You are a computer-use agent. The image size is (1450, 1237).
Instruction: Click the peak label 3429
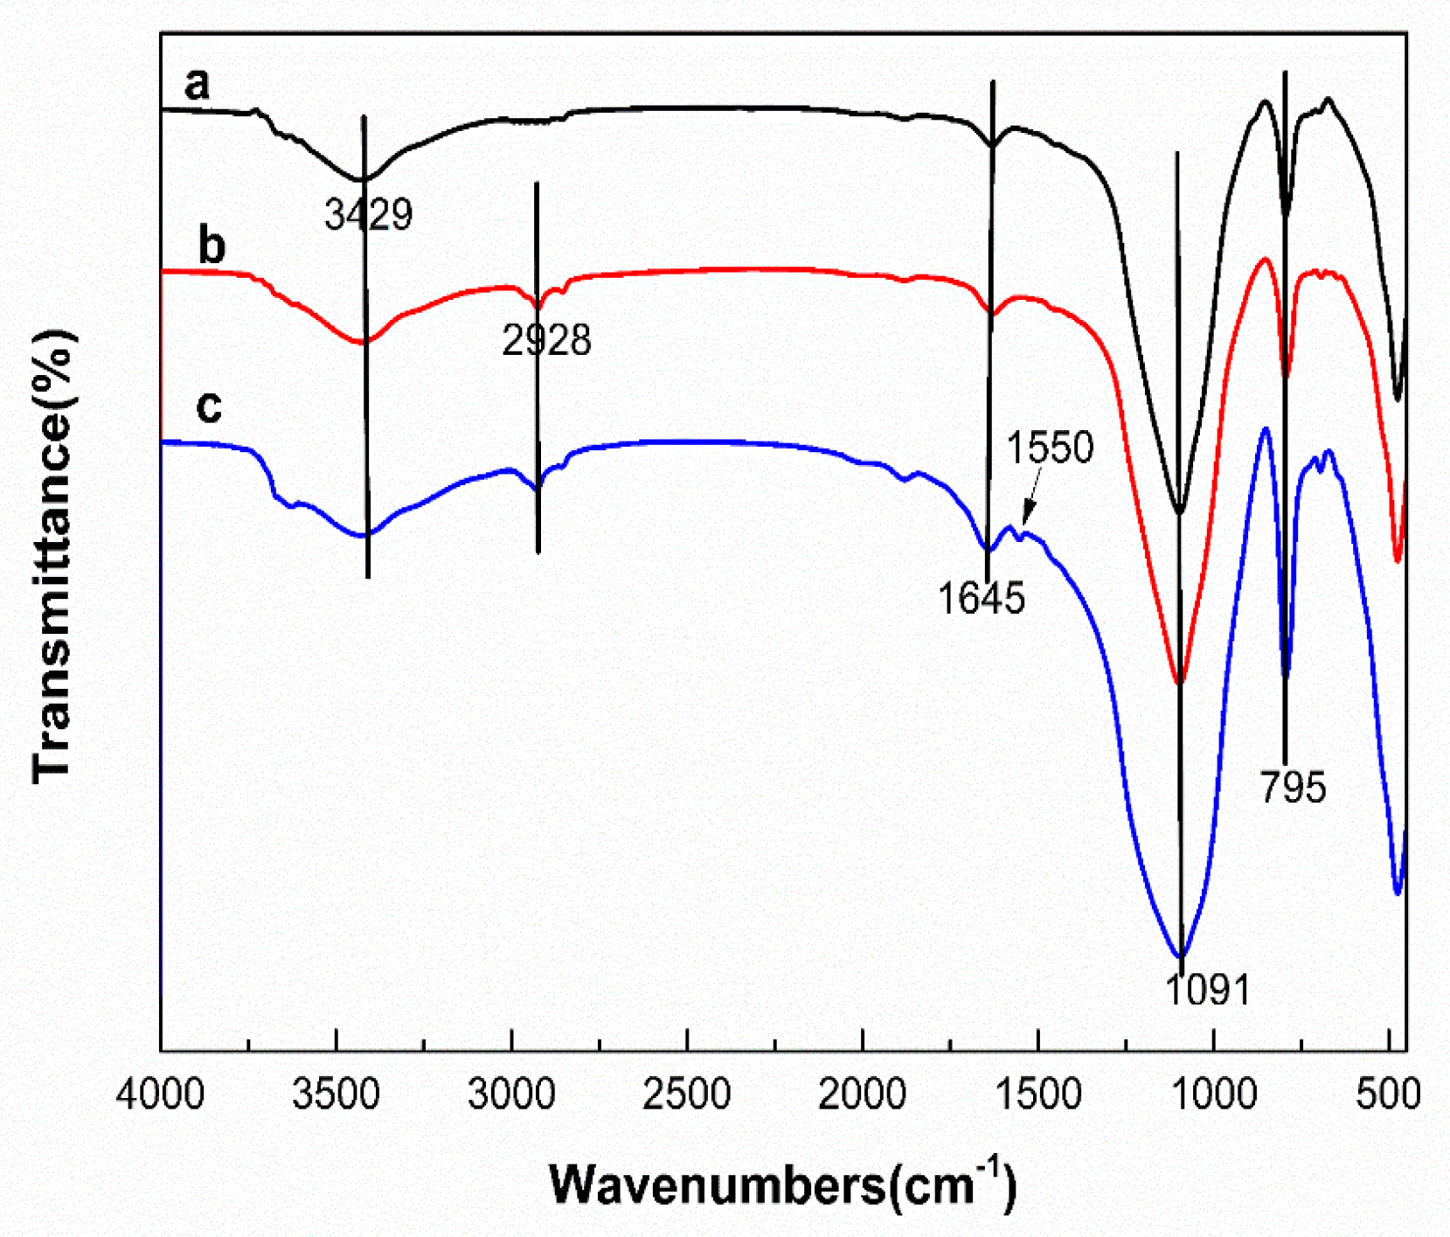(368, 214)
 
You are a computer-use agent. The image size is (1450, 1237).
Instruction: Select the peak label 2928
(546, 340)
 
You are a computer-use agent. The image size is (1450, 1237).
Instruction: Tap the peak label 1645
(981, 599)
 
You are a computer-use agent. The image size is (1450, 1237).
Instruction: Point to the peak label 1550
(1050, 448)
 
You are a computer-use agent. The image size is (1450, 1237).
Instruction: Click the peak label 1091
(1208, 990)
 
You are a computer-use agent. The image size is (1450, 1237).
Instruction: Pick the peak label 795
(1293, 787)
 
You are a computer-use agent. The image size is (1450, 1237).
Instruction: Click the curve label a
(198, 84)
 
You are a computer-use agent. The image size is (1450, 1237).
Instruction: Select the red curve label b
(212, 246)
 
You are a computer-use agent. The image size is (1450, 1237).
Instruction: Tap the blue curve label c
(209, 406)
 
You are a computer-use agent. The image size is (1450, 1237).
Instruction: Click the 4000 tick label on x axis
(161, 1095)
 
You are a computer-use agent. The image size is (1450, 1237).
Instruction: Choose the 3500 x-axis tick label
(336, 1095)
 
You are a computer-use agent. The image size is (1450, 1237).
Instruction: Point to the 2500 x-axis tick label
(687, 1095)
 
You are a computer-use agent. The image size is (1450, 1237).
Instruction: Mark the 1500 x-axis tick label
(1038, 1095)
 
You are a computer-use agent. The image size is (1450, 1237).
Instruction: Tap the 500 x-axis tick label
(1389, 1095)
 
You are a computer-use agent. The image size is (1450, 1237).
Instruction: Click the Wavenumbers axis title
(782, 1186)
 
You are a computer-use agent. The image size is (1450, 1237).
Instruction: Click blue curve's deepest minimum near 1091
(1181, 956)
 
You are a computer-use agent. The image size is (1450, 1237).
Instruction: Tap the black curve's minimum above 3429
(362, 179)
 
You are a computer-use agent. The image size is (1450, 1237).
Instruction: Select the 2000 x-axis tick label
(863, 1095)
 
